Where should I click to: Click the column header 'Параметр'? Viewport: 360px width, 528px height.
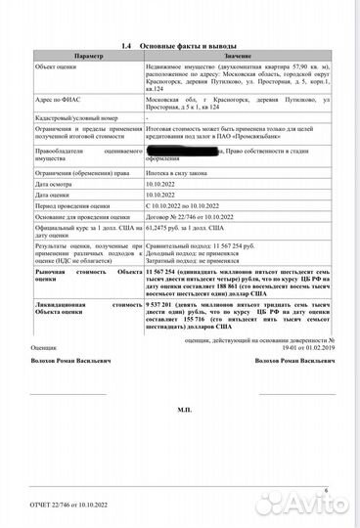coord(87,59)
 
